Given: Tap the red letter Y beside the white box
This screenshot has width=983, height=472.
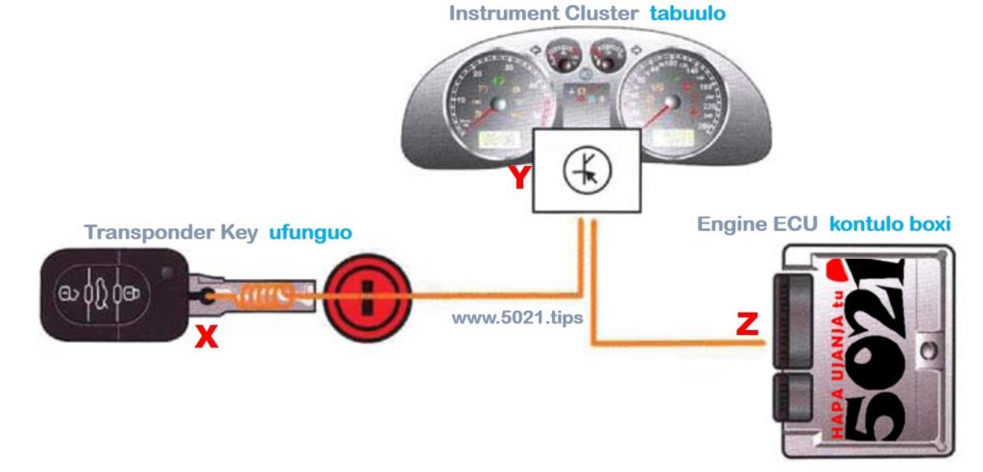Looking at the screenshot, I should click(519, 177).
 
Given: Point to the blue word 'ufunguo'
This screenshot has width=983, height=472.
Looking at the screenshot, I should click(309, 232).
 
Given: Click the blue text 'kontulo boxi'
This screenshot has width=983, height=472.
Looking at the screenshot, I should click(890, 224).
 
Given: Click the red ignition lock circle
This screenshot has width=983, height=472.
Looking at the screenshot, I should click(360, 294).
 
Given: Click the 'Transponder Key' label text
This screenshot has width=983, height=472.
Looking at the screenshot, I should click(171, 232).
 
